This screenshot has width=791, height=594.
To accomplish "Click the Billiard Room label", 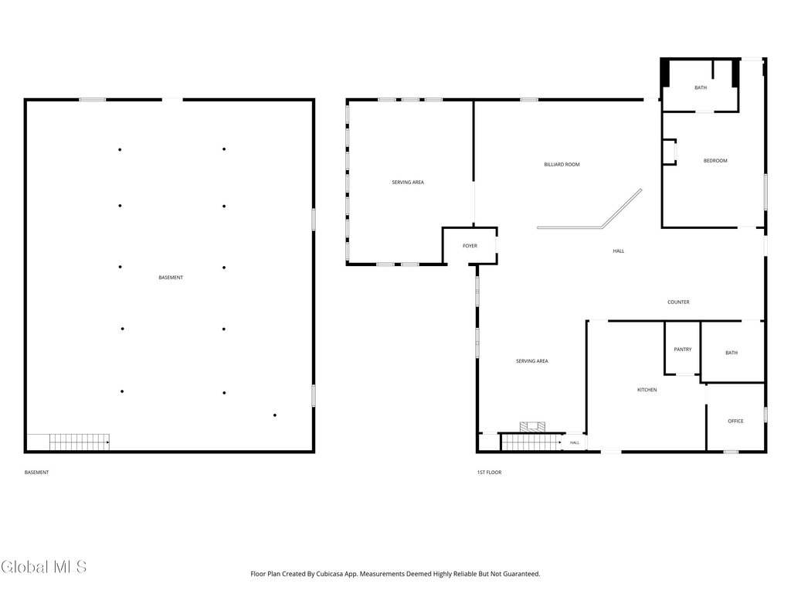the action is [x=562, y=165].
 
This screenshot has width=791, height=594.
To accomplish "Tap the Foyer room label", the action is [x=470, y=246].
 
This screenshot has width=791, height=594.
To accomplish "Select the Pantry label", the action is [x=683, y=350].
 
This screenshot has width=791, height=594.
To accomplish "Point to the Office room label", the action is [x=735, y=422].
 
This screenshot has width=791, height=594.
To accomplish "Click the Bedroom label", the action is [x=715, y=161].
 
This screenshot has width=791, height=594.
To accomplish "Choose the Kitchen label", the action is [x=647, y=390].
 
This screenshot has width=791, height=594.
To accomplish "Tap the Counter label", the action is [x=678, y=302].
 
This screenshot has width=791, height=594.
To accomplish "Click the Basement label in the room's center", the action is [x=171, y=278].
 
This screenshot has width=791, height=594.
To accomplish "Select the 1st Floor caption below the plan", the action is [x=489, y=473].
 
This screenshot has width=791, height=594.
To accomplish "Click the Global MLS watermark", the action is [x=44, y=567].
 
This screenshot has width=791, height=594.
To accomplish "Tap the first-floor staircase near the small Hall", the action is [x=531, y=442].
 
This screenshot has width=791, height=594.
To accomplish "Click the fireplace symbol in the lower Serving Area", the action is [x=533, y=427].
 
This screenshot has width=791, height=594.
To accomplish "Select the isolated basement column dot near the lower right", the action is [x=275, y=415].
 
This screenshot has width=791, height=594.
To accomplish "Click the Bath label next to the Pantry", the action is [x=732, y=353].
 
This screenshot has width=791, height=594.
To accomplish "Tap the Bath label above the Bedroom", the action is [x=701, y=88].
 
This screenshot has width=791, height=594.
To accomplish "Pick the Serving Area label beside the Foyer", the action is [x=408, y=183].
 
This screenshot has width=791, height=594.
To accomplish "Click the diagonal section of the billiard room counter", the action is [x=622, y=209].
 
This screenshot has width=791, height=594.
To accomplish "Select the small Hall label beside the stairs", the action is [x=575, y=443].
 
